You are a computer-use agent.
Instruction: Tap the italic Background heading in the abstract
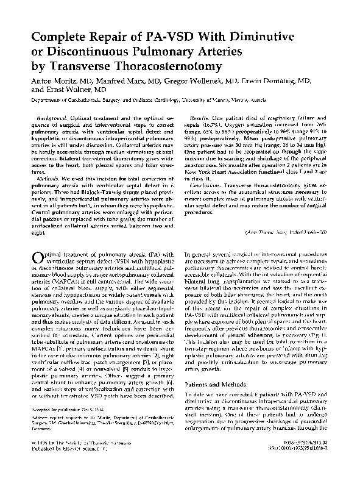53,116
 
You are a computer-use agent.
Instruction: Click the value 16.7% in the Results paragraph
233,123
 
